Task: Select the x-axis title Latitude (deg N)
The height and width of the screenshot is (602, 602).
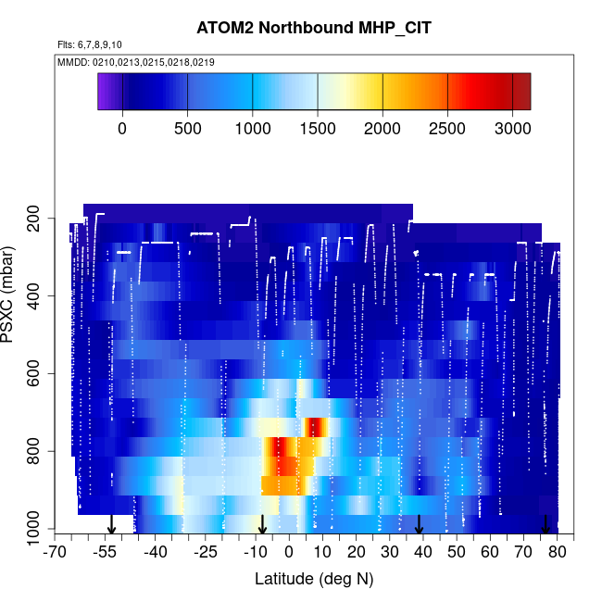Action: (x=314, y=579)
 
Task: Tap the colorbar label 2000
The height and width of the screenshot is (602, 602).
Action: (x=383, y=127)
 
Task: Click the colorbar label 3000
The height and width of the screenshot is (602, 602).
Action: (x=512, y=127)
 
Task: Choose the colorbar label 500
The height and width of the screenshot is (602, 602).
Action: (x=187, y=127)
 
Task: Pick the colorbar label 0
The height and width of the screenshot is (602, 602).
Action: (x=122, y=127)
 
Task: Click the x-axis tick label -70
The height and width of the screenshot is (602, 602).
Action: (x=55, y=553)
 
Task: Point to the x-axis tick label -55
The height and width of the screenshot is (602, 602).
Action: (x=105, y=553)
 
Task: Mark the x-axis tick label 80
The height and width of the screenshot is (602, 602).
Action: (x=558, y=553)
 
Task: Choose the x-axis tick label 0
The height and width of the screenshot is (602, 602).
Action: (x=289, y=553)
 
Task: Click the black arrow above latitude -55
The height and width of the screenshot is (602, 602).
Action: (x=111, y=525)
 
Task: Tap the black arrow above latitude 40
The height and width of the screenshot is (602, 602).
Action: (x=419, y=525)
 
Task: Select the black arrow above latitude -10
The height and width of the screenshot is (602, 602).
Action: (x=262, y=525)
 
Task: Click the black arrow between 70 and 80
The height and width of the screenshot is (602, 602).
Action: (x=546, y=525)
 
